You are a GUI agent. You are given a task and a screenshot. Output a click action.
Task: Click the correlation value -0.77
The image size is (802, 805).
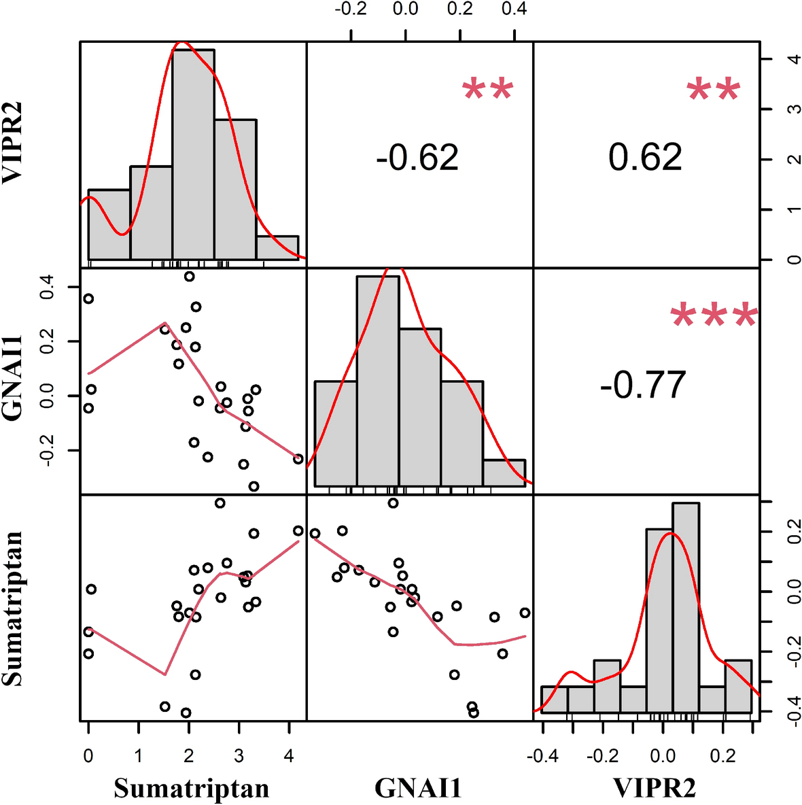(643, 385)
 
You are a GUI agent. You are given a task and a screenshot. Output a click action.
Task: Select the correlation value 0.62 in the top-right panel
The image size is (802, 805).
(645, 158)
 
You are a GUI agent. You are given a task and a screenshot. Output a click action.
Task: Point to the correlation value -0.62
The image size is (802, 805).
(417, 158)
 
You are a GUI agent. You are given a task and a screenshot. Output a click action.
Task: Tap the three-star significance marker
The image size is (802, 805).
(714, 317)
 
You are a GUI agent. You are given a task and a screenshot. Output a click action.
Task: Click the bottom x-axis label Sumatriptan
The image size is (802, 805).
(192, 788)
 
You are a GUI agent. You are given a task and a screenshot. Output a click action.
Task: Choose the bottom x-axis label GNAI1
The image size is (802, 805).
(419, 788)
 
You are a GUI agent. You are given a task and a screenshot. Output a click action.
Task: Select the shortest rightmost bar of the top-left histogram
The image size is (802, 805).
(277, 247)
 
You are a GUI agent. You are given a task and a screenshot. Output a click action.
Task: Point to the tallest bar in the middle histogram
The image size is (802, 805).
(378, 381)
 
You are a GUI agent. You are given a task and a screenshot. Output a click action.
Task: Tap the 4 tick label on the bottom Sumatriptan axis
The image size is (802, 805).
(289, 755)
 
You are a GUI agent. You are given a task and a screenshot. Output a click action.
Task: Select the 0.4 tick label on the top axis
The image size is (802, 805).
(515, 10)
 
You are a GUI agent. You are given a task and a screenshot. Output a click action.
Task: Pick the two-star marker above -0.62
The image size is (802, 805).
(487, 90)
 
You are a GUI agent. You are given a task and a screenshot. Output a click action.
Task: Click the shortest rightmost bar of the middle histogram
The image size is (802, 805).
(504, 473)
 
